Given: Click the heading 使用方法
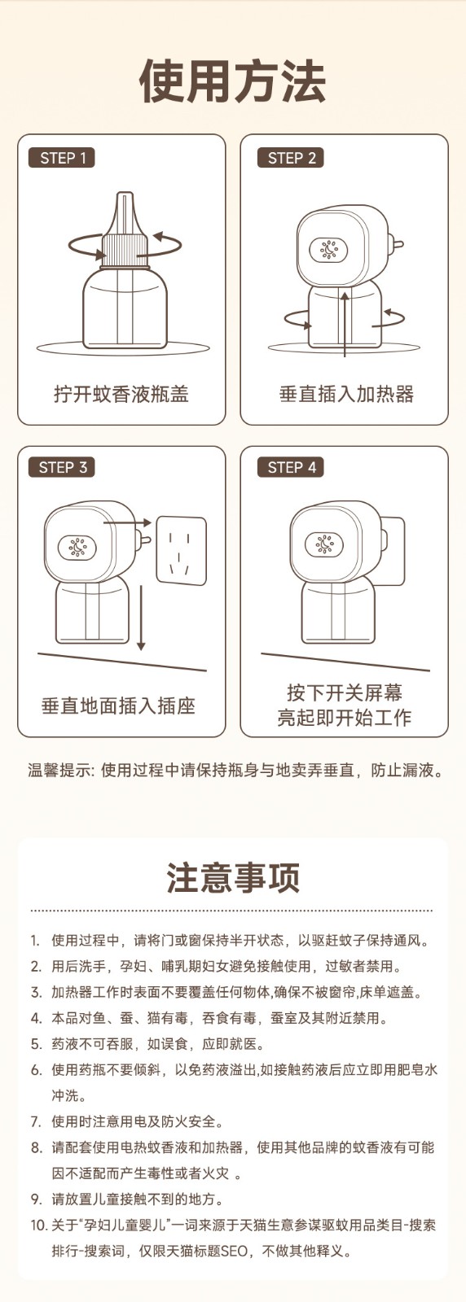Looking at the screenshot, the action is coord(233,82).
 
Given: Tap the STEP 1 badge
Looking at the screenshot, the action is coord(62,158).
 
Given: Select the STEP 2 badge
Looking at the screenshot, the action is coord(291,158).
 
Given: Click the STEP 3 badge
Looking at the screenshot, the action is coord(62,467).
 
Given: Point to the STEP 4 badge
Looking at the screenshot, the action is coord(291,467).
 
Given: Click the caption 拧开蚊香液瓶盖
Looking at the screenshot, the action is coord(121,394).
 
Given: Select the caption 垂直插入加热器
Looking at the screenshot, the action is coord(347,394).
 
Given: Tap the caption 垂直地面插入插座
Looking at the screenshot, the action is coord(119,706).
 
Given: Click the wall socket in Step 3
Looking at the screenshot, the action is coord(182,550).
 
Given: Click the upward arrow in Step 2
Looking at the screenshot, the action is coord(345,325).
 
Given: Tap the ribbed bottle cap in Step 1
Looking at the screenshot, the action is coord(121,251).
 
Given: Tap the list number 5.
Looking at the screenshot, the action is coord(36,1045).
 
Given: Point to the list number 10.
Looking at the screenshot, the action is coord(37,1226).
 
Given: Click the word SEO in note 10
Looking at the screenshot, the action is coord(234,1251).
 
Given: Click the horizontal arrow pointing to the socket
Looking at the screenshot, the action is coord(127,522).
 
